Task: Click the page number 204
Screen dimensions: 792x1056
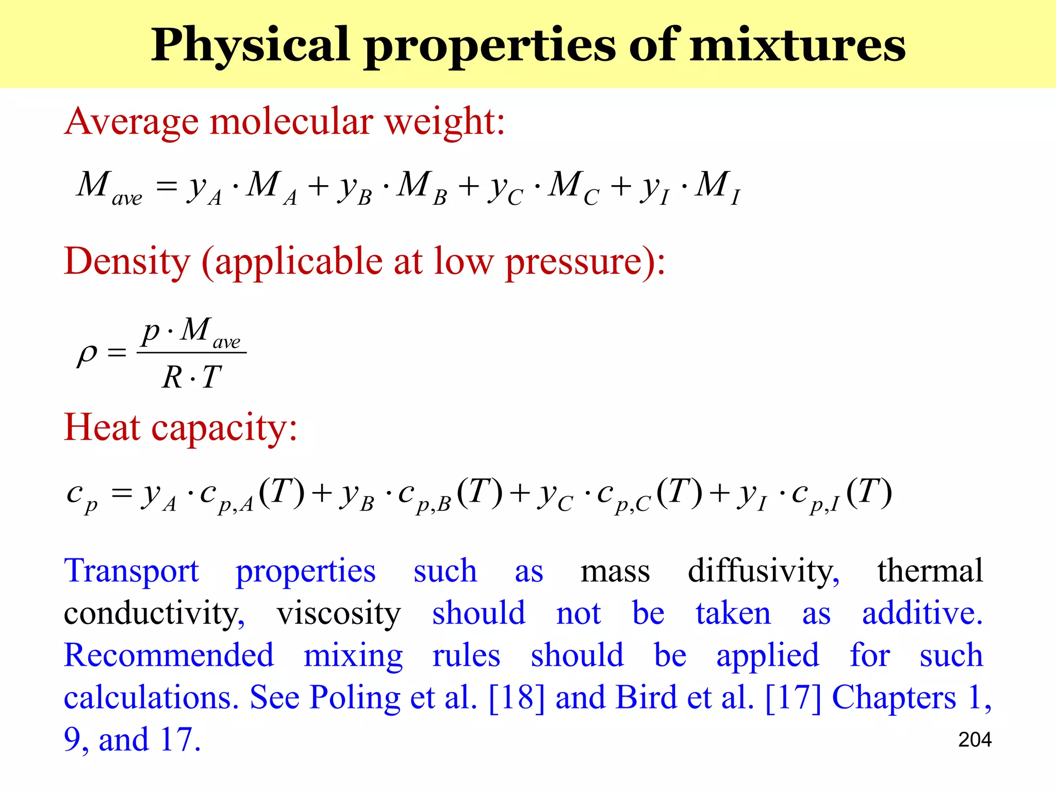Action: coord(975,740)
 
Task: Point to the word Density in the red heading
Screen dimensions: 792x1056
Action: coord(127,262)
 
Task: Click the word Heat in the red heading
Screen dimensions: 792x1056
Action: coord(102,427)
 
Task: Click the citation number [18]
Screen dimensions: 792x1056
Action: coord(516,698)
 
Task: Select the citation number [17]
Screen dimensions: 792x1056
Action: coord(793,698)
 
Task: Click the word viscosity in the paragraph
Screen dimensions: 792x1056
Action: coord(338,614)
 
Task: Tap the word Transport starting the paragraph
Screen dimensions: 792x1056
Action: coord(131,571)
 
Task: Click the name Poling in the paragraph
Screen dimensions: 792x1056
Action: coord(355,698)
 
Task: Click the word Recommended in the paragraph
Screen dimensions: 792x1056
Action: coord(169,656)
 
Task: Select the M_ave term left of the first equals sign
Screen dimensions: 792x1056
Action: coord(108,187)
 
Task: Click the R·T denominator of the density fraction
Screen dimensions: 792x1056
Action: coord(191,377)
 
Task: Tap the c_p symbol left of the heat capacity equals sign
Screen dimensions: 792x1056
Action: coord(81,496)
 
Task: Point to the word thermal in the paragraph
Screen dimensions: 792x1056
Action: coord(930,571)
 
